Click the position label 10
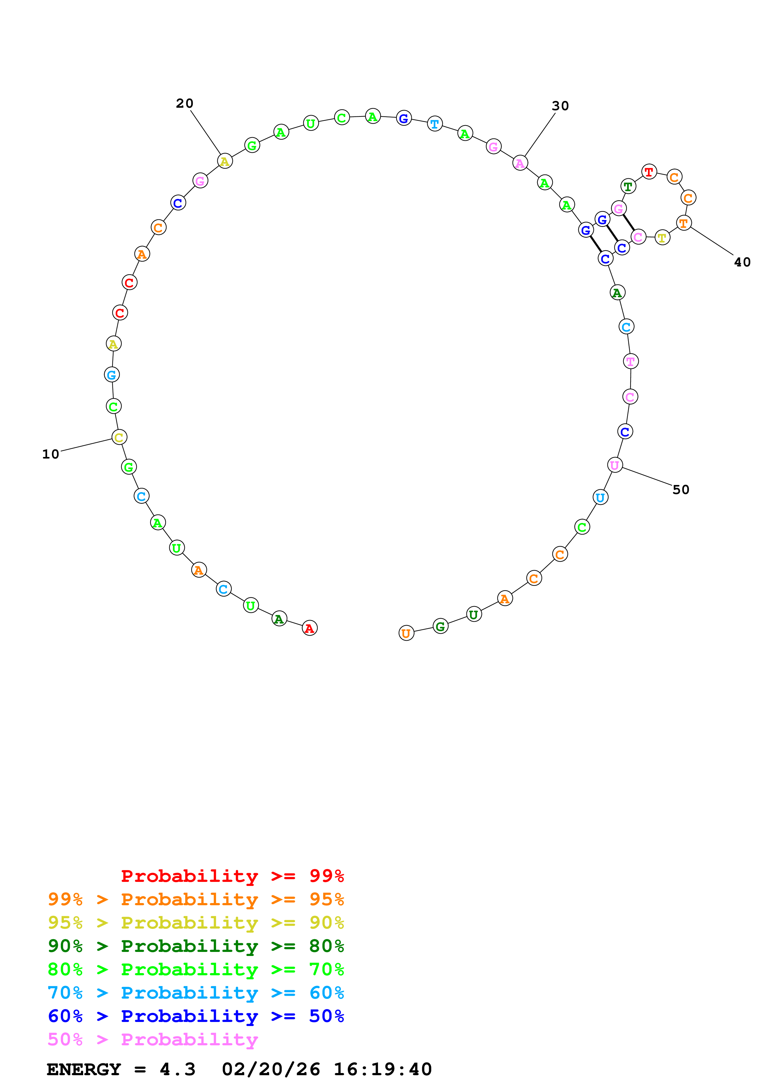(50, 454)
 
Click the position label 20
(185, 103)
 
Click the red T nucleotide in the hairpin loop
(649, 172)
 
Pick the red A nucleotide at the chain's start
(309, 628)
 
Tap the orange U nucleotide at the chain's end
(406, 633)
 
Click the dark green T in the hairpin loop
(628, 186)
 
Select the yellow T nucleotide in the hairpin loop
(662, 237)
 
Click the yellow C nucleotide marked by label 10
(119, 437)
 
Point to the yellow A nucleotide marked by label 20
(225, 161)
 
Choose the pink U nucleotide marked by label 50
(614, 465)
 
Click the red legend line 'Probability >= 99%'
(232, 876)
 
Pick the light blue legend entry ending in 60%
(196, 993)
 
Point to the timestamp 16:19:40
(382, 1069)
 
